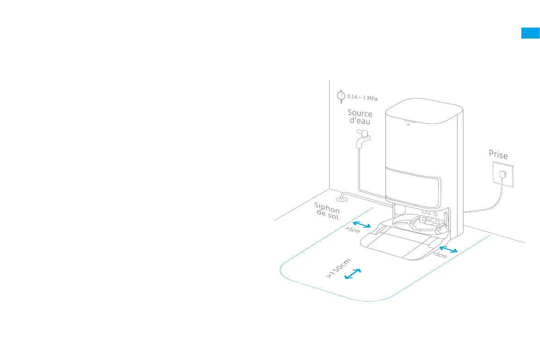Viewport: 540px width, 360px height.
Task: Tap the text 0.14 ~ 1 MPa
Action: [x=362, y=97]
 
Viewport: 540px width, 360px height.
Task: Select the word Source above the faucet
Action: [x=360, y=113]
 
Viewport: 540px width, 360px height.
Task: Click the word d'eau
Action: [x=360, y=122]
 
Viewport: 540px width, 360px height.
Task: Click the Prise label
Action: [x=498, y=155]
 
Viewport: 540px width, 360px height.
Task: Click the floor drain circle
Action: [x=341, y=198]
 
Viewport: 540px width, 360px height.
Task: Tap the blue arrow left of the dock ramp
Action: [x=362, y=224]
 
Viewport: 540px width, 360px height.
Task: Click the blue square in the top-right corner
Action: [x=530, y=33]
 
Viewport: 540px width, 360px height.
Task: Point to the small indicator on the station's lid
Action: [x=408, y=122]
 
